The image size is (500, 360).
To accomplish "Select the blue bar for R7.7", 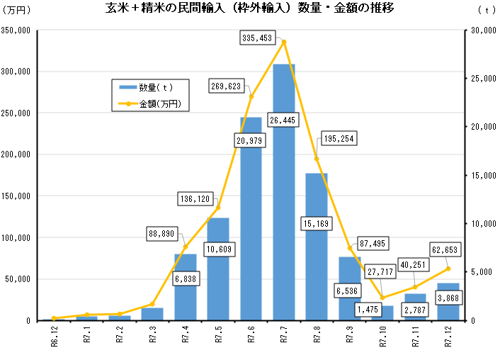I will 284,213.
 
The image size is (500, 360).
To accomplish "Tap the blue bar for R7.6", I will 251,227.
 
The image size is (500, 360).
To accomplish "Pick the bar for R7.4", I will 185,298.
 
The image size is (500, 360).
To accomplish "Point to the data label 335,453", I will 256,38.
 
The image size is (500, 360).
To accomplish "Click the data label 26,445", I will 283,120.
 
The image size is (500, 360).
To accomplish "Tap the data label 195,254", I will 341,139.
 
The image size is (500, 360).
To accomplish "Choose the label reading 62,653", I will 445,249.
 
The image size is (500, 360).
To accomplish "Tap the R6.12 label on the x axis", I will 54,339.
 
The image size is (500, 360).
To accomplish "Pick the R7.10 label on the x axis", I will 383,339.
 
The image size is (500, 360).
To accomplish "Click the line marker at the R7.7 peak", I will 284,42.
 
